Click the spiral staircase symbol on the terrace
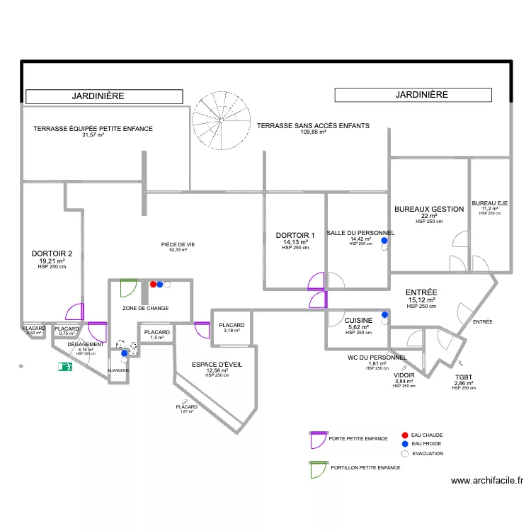pos(222,121)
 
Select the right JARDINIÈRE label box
pos(413,94)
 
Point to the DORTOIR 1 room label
pos(295,236)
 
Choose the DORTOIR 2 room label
pos(52,254)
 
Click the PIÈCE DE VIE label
pos(178,244)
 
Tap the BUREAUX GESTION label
pos(429,209)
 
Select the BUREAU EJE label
pos(490,203)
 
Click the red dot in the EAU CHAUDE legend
pos(404,435)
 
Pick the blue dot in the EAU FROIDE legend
pos(404,444)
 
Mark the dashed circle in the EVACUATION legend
pos(404,454)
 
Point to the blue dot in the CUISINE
pos(385,315)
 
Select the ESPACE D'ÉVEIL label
pos(217,365)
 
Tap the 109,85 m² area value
pos(313,132)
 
